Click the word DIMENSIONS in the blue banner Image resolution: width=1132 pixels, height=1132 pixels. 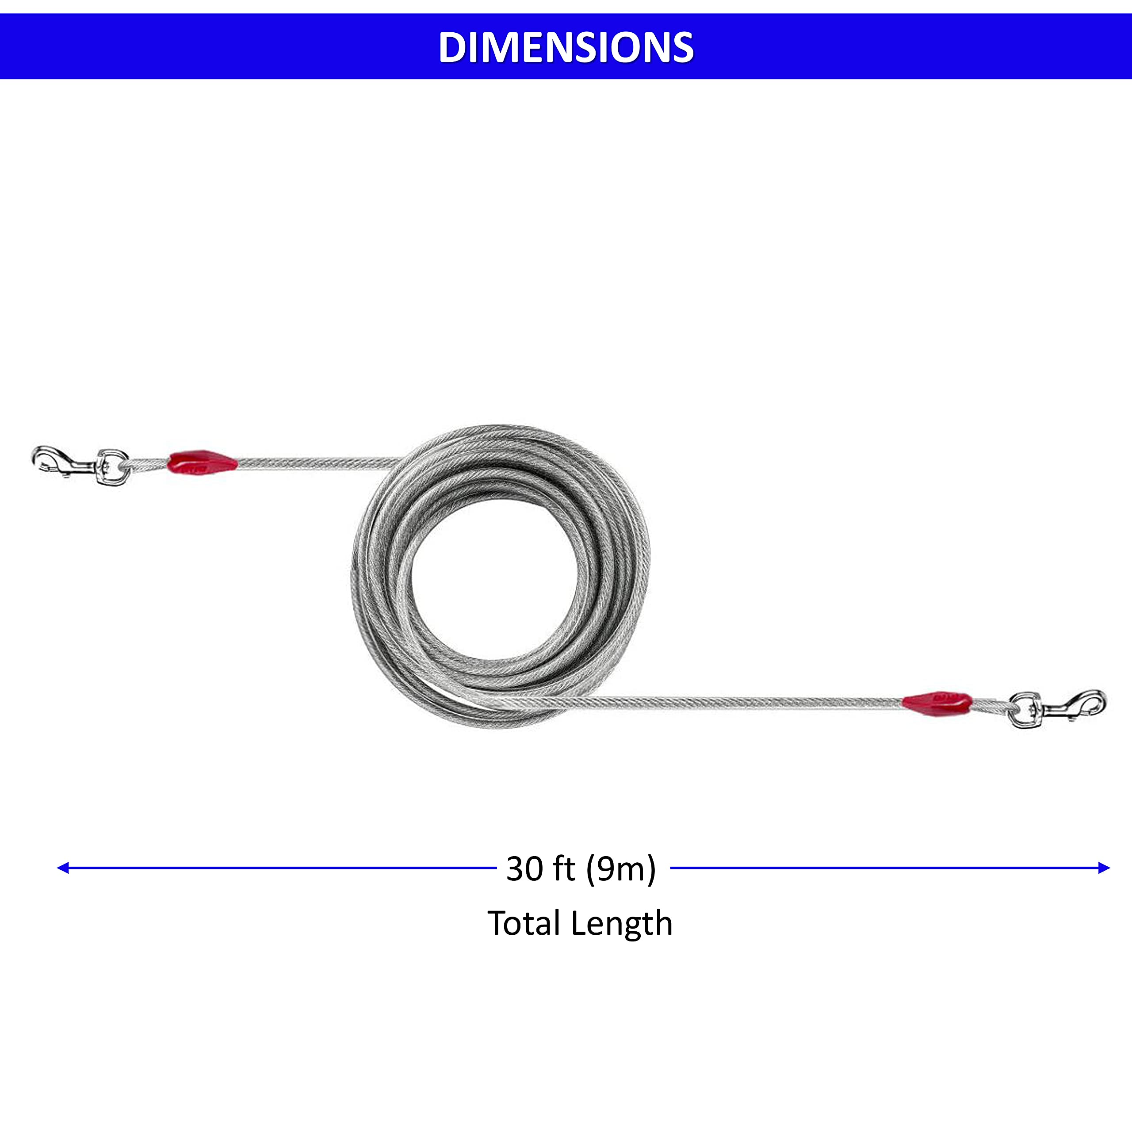[566, 47]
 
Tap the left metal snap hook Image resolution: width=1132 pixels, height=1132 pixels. [65, 461]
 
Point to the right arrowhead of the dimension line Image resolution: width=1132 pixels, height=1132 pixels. [1104, 868]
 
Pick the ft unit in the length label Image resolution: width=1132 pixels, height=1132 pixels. [564, 868]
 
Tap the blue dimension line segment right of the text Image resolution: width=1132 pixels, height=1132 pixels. [887, 868]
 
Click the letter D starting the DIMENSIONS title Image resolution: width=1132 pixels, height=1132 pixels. [452, 47]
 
